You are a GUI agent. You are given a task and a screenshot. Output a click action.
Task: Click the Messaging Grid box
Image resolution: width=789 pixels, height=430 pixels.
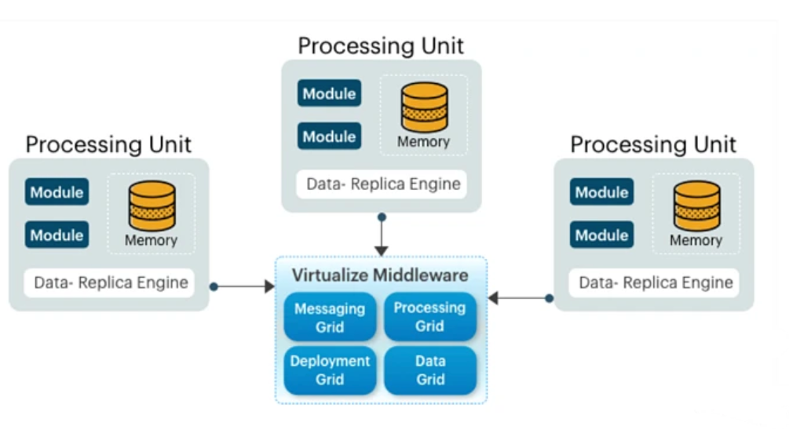[330, 317]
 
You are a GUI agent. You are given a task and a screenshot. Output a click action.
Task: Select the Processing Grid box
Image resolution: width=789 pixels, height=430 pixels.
[429, 316]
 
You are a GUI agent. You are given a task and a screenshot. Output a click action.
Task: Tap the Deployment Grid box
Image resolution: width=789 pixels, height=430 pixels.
[330, 370]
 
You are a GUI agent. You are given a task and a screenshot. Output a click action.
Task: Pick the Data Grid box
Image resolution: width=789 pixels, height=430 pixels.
[430, 370]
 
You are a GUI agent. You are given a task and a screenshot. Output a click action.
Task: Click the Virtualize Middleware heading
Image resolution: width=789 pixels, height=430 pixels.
[380, 275]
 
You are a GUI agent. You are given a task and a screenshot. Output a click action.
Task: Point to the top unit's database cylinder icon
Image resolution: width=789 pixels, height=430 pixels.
[425, 107]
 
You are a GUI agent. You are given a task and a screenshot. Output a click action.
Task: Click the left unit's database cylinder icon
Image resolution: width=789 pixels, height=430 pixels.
[152, 206]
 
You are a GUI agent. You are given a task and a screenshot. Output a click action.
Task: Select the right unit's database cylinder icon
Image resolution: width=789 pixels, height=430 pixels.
[696, 206]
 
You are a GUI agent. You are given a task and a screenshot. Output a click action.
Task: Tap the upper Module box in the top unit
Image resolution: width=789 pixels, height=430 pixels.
[330, 93]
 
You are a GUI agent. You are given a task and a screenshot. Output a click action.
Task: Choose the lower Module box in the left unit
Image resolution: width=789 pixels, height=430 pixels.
[57, 235]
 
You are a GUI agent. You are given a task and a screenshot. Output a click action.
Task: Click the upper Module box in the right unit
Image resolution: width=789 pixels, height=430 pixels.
[602, 192]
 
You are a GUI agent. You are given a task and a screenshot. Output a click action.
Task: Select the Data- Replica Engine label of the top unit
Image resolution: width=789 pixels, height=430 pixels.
[382, 185]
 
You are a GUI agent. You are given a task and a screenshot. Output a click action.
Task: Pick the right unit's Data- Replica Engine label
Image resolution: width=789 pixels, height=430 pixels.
[655, 282]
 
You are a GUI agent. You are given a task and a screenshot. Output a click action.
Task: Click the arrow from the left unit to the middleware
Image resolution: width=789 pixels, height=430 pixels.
[243, 287]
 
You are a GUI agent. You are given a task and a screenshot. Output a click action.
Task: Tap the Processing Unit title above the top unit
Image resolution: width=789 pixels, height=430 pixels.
[381, 46]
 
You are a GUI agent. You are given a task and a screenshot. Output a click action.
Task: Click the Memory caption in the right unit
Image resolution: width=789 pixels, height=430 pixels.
[696, 241]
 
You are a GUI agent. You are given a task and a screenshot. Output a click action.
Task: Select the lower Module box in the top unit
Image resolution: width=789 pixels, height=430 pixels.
[330, 137]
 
